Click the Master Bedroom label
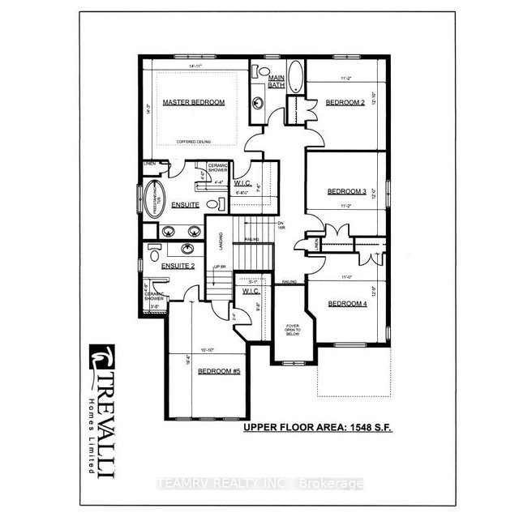(193, 103)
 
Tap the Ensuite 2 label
(178, 266)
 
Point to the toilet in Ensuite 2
(154, 254)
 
